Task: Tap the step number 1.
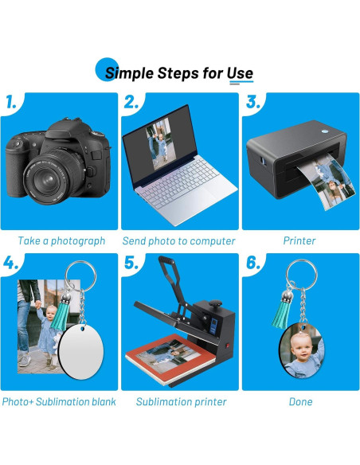point(11,102)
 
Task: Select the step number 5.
point(131,263)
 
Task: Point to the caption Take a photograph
point(61,240)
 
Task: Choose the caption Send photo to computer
point(178,240)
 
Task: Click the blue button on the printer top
point(325,131)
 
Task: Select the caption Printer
point(299,240)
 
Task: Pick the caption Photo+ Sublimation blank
point(59,402)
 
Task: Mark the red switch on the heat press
point(228,346)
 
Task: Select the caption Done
point(301,402)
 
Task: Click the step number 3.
point(253,102)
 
